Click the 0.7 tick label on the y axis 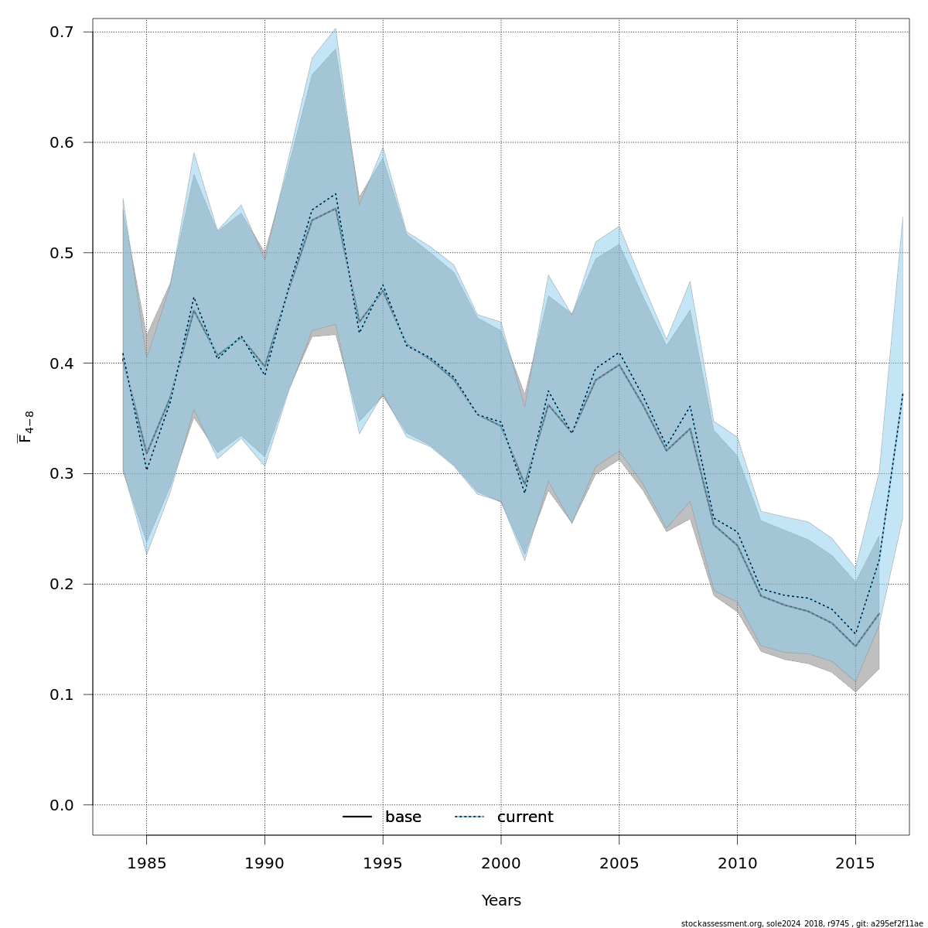(x=61, y=32)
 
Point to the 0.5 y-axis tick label (x=61, y=253)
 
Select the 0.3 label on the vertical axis (x=61, y=473)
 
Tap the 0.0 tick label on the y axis (x=61, y=805)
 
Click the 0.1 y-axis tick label (x=61, y=694)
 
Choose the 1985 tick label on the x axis (x=146, y=862)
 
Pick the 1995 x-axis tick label (x=383, y=862)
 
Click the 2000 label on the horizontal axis (x=501, y=862)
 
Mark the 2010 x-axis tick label (x=737, y=862)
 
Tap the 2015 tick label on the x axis (x=855, y=862)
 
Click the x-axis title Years (x=501, y=901)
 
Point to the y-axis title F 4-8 (x=26, y=427)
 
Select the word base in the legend (x=403, y=817)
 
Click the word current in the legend (x=525, y=817)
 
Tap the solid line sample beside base (x=358, y=817)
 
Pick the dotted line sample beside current (x=469, y=817)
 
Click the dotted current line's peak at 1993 (x=336, y=193)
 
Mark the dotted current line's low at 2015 (x=855, y=634)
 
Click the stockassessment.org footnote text (x=802, y=923)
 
